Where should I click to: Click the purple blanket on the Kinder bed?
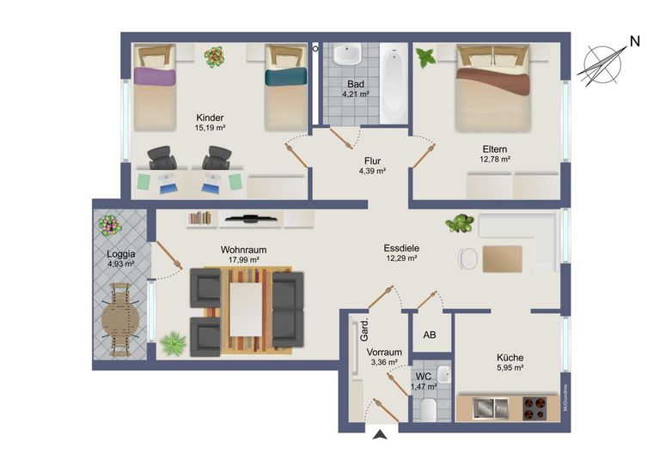pos(155,77)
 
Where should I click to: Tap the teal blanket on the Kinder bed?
pos(286,76)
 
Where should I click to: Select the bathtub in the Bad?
pos(394,84)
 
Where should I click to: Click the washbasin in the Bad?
pos(347,54)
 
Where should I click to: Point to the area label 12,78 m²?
pos(495,160)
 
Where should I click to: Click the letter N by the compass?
pos(635,41)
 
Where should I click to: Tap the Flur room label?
pos(372,161)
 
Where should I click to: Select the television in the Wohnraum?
pos(250,218)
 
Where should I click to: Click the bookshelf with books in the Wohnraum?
pos(200,219)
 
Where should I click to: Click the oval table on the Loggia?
pos(120,320)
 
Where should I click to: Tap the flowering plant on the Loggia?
pos(110,225)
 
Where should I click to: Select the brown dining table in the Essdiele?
pos(502,259)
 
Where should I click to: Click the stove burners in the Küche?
pos(535,409)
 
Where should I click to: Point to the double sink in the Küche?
pos(491,409)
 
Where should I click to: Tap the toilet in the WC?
pos(428,409)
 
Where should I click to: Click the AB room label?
pos(430,335)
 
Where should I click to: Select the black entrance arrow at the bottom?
pos(380,435)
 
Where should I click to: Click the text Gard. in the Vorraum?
pos(364,330)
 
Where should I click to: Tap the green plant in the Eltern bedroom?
pos(425,57)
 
